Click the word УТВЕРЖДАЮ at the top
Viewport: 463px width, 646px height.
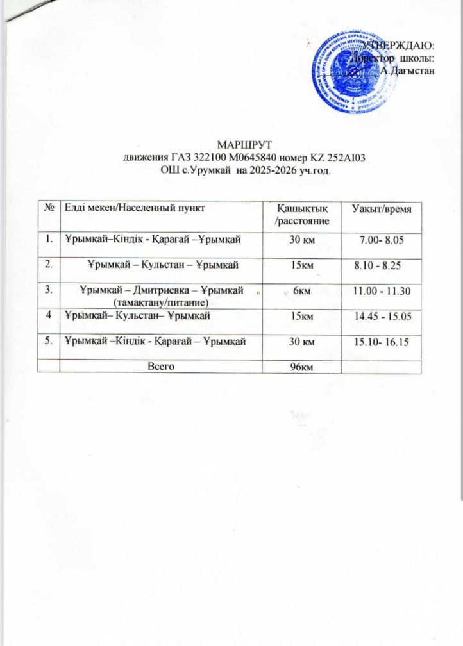click(x=399, y=46)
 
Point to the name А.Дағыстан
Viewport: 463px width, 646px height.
click(x=408, y=70)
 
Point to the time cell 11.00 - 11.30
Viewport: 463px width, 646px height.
click(x=382, y=292)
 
